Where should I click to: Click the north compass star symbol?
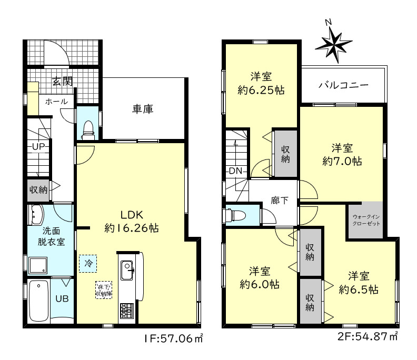[333, 43]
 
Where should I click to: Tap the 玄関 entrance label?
[62, 81]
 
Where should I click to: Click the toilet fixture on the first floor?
[88, 128]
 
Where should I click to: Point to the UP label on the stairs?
[38, 146]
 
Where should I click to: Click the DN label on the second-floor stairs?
[234, 171]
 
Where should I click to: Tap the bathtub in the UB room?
[39, 301]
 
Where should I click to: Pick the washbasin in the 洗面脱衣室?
[37, 214]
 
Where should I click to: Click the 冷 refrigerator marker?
[88, 262]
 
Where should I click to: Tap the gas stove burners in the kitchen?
[127, 311]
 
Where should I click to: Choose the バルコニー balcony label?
[343, 85]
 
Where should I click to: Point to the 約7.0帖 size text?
[342, 161]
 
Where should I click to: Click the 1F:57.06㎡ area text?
[174, 338]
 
